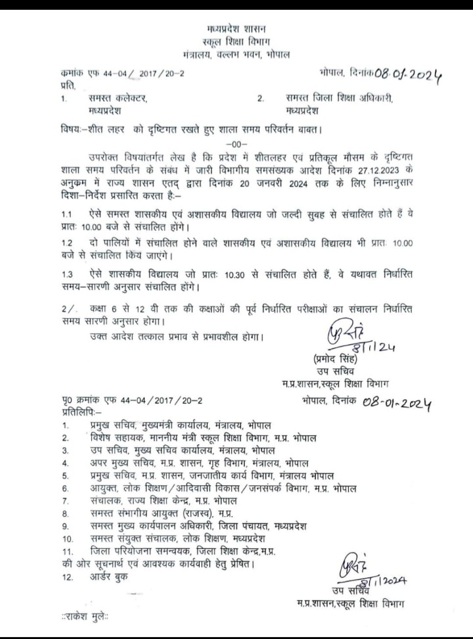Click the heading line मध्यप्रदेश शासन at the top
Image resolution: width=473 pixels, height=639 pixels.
(x=237, y=30)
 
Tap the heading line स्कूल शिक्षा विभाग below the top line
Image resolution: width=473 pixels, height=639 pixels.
(x=237, y=41)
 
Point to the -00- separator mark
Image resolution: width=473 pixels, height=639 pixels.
(x=236, y=144)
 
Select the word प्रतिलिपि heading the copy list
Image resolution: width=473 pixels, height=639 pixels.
(x=76, y=412)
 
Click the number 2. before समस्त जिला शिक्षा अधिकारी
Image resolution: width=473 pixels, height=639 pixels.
(x=261, y=99)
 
